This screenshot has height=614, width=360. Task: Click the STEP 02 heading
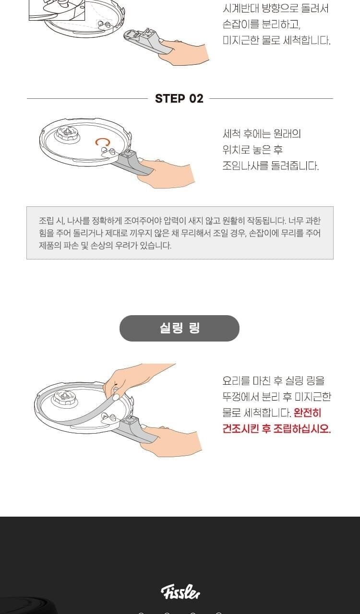pyautogui.click(x=179, y=99)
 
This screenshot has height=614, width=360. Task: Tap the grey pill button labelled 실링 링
pyautogui.click(x=180, y=328)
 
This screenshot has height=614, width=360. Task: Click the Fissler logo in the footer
pyautogui.click(x=180, y=592)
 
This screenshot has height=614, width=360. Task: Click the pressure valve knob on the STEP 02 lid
pyautogui.click(x=67, y=133)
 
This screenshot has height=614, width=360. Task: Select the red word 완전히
pyautogui.click(x=307, y=413)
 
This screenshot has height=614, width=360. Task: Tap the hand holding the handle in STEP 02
pyautogui.click(x=165, y=173)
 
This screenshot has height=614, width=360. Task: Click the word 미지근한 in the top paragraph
pyautogui.click(x=240, y=41)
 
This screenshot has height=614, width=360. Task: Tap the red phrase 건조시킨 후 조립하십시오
pyautogui.click(x=276, y=428)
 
